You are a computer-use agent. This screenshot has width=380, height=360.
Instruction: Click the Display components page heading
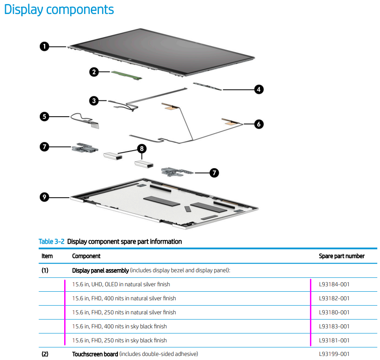pyautogui.click(x=59, y=9)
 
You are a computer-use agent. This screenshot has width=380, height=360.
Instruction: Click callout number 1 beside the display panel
pyautogui.click(x=44, y=46)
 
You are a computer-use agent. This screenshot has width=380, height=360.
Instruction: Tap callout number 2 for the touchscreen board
pyautogui.click(x=94, y=72)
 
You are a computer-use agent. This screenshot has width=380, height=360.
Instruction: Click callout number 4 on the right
pyautogui.click(x=258, y=90)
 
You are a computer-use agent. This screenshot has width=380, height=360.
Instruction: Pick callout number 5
pyautogui.click(x=44, y=117)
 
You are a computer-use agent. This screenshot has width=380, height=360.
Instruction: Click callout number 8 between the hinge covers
pyautogui.click(x=141, y=148)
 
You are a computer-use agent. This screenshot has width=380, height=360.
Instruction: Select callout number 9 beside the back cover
pyautogui.click(x=44, y=197)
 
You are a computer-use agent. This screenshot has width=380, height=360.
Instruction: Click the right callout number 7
pyautogui.click(x=215, y=172)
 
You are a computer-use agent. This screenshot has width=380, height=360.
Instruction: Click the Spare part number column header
pyautogui.click(x=341, y=256)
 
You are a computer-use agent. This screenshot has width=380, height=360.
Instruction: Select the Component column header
pyautogui.click(x=86, y=256)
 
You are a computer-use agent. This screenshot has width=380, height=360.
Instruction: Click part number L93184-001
pyautogui.click(x=334, y=284)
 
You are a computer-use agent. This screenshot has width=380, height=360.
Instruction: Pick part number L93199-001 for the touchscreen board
pyautogui.click(x=334, y=354)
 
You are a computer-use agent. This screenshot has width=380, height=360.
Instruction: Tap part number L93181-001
pyautogui.click(x=334, y=340)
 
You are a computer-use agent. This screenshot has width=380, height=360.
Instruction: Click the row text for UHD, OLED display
pyautogui.click(x=121, y=284)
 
